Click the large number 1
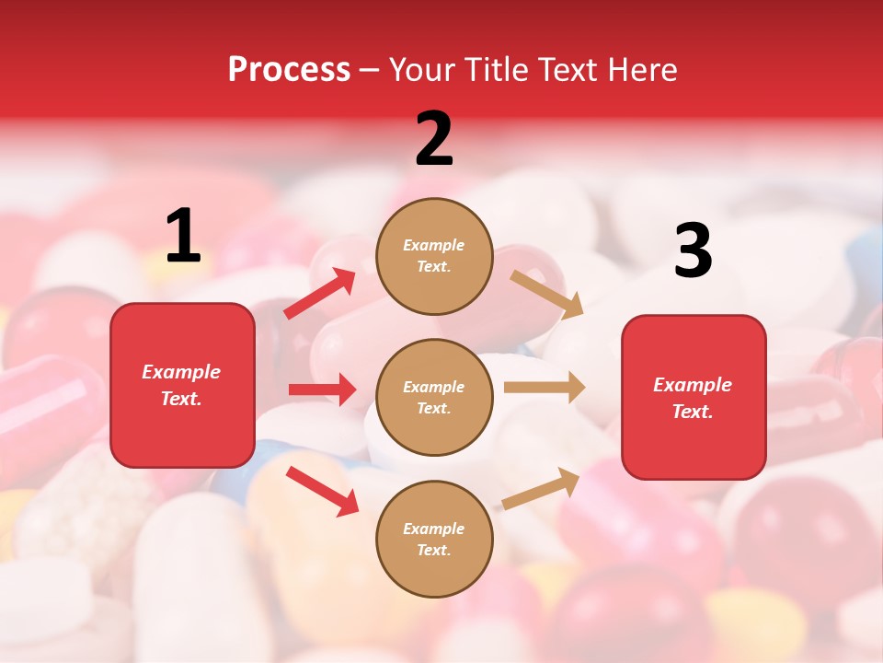click(x=183, y=237)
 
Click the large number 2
click(x=434, y=139)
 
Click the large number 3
click(x=693, y=251)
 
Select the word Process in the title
click(x=289, y=69)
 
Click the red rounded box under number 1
click(x=182, y=385)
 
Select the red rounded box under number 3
click(x=694, y=397)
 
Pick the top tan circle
click(x=434, y=256)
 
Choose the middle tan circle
click(x=434, y=397)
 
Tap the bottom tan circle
click(x=434, y=539)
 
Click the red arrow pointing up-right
click(x=320, y=293)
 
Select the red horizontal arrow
click(x=322, y=390)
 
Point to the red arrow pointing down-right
click(x=323, y=491)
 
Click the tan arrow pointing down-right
click(x=547, y=294)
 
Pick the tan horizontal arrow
click(x=544, y=388)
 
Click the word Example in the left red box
click(x=181, y=372)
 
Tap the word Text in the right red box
click(x=692, y=412)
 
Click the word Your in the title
click(x=419, y=69)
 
